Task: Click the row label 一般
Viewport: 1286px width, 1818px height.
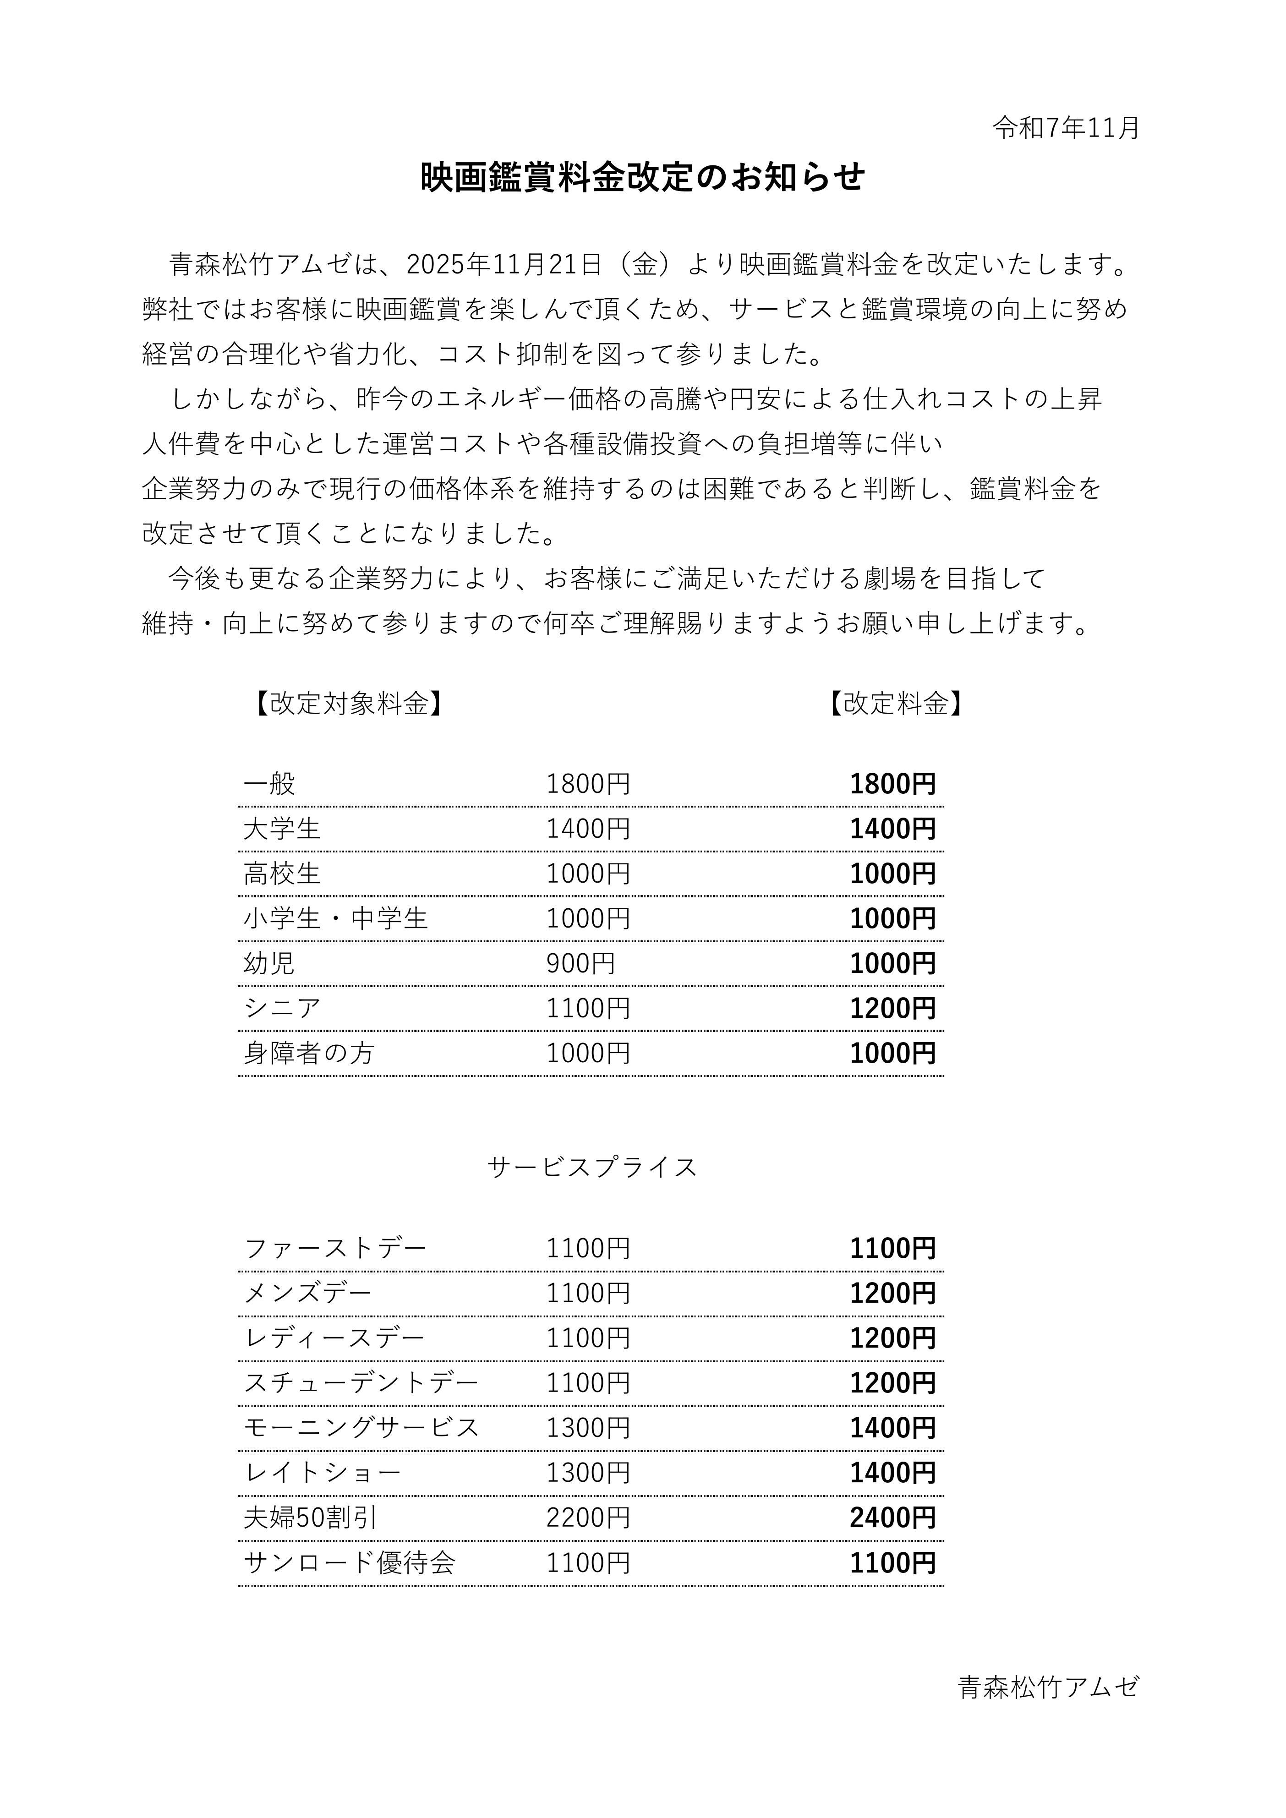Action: tap(269, 784)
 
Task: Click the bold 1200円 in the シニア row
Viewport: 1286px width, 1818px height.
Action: tap(892, 1008)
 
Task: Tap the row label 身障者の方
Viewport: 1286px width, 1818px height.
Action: tap(309, 1053)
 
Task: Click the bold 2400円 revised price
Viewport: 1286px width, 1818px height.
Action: tap(892, 1518)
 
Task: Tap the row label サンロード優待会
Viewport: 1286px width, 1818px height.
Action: tap(349, 1563)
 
